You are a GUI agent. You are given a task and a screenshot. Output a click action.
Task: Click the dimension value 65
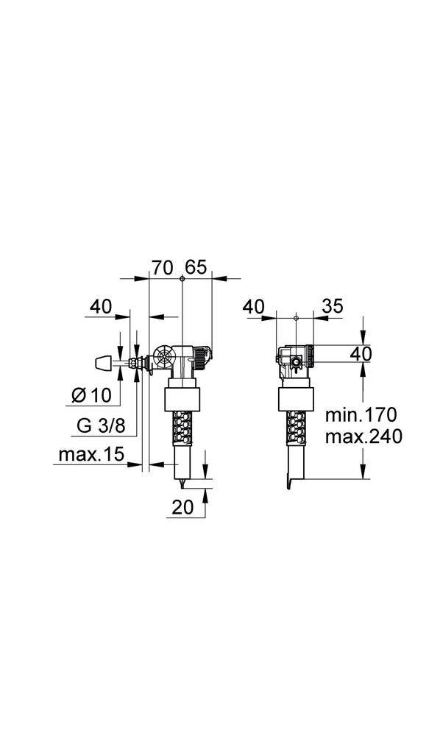196,267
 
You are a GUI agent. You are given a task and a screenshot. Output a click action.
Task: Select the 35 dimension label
333,306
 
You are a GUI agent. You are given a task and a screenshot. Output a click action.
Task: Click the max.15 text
92,456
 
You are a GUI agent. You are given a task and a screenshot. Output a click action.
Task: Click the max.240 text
363,436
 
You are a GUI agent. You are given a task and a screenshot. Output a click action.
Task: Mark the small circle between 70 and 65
181,279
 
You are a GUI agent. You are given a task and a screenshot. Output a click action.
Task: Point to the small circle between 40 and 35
294,318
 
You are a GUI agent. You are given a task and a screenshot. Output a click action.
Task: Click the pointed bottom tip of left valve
181,481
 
